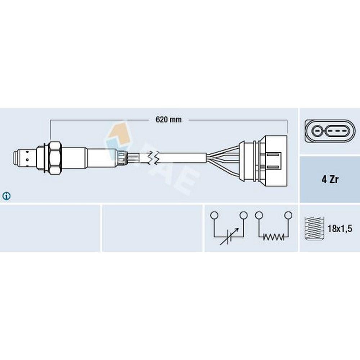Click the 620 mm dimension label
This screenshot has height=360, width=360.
coord(168,120)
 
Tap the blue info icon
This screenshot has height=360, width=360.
coord(6,196)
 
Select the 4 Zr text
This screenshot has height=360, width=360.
coord(330,179)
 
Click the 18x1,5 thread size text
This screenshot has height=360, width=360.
coord(340,229)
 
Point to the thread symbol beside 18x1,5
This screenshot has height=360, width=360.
coord(314,228)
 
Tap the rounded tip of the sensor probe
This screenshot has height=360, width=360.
coord(15,158)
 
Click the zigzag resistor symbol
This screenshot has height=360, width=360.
coord(273,237)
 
